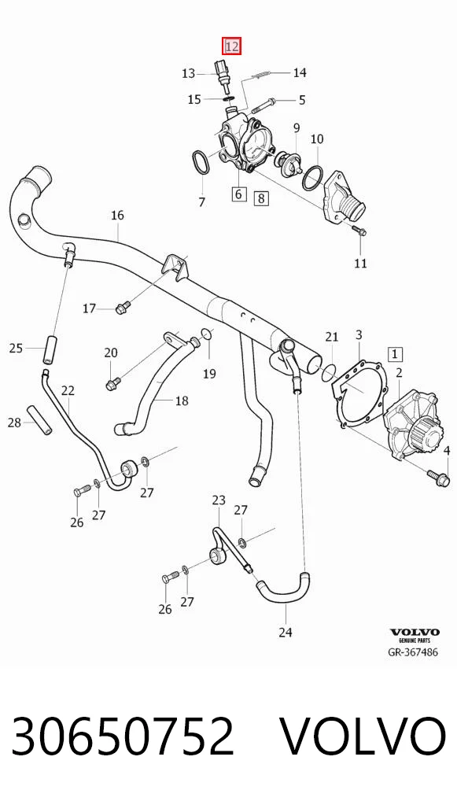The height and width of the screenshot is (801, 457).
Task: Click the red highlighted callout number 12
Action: click(x=231, y=46)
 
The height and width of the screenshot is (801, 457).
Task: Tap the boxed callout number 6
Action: click(x=239, y=194)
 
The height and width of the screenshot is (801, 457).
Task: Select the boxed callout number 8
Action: click(x=261, y=197)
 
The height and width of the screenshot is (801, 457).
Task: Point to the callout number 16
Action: click(x=117, y=215)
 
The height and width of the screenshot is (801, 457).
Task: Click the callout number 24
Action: click(x=286, y=632)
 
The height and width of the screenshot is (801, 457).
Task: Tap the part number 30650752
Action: click(x=123, y=736)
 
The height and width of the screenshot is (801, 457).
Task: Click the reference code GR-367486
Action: click(x=414, y=652)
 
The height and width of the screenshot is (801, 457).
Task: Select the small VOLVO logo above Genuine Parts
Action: click(x=415, y=632)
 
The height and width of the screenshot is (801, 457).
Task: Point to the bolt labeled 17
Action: click(x=122, y=308)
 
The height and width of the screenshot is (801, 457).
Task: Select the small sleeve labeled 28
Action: click(x=40, y=420)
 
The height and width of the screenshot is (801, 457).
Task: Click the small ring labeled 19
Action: click(x=207, y=334)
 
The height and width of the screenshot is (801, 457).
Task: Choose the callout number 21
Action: click(x=332, y=337)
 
